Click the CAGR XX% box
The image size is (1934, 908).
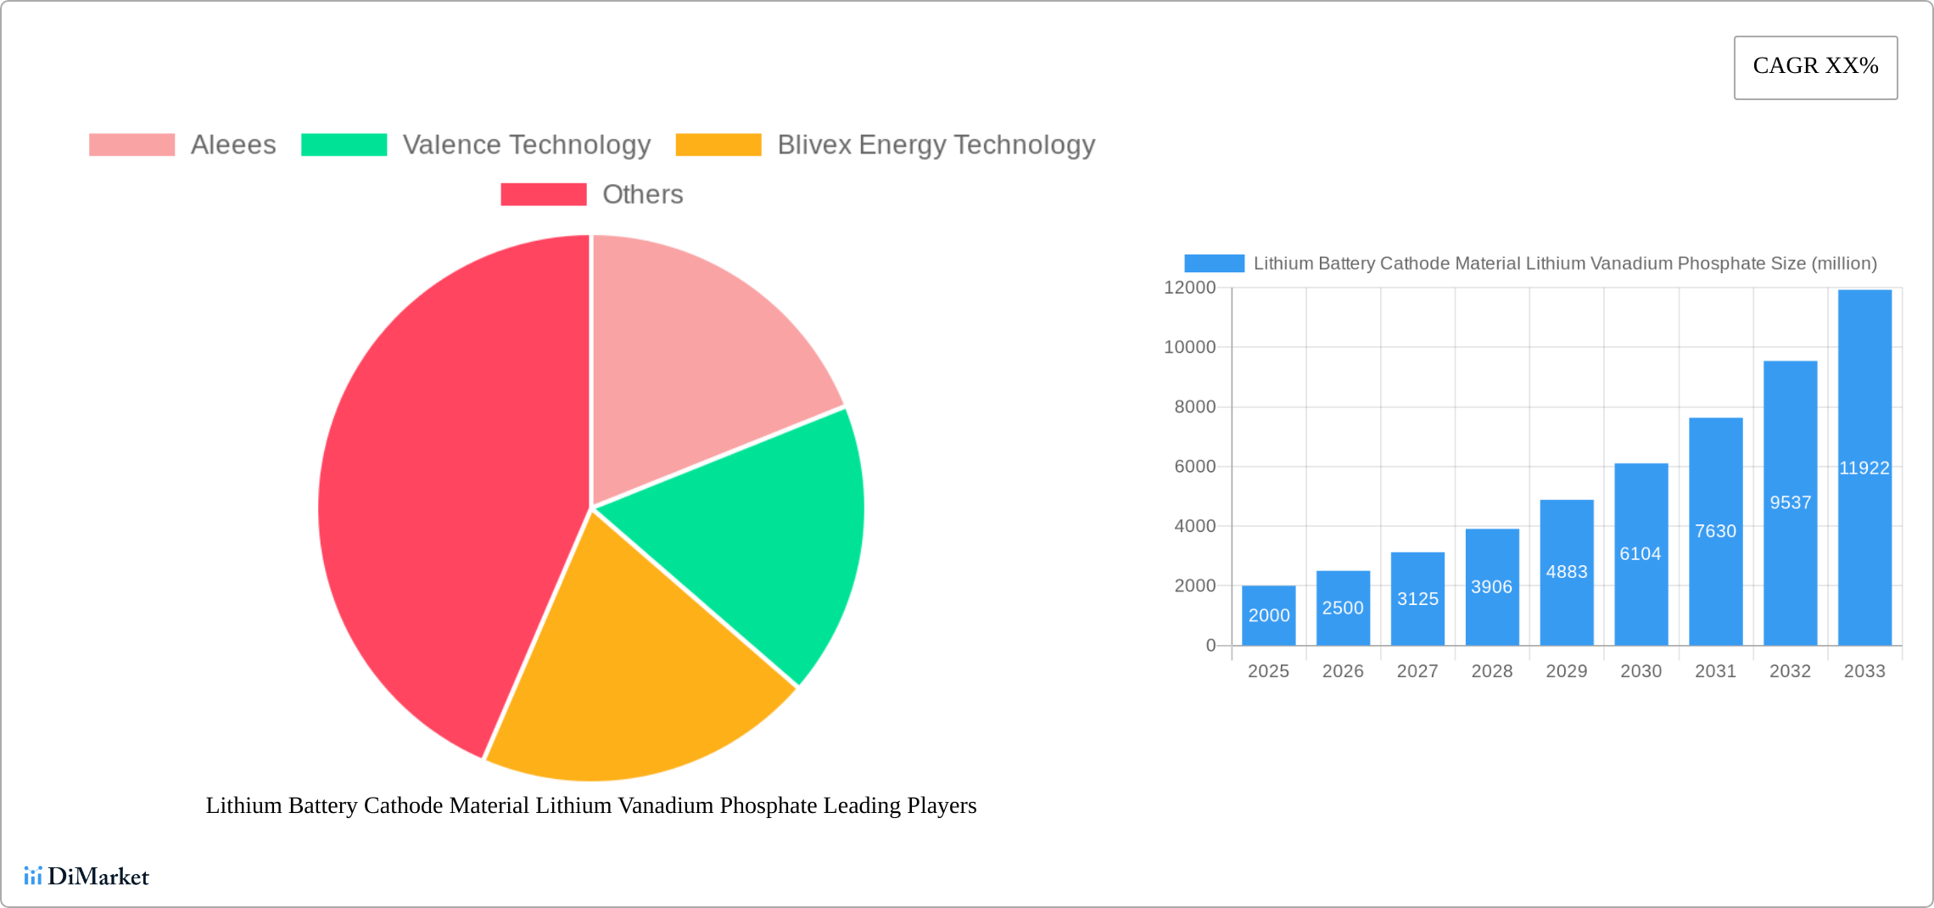click(1815, 67)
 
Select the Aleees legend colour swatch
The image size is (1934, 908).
click(131, 145)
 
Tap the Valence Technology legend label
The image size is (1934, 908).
click(526, 145)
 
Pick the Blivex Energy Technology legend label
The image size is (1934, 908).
click(936, 145)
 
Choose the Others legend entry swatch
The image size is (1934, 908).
click(543, 194)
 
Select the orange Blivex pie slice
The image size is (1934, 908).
click(628, 679)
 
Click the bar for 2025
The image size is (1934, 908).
click(1268, 615)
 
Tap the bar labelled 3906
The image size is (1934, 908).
click(1492, 586)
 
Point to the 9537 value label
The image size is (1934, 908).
click(1790, 502)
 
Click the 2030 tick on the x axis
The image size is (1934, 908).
click(1641, 671)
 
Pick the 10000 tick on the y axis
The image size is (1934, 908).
click(1189, 347)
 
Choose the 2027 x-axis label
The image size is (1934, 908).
click(1417, 671)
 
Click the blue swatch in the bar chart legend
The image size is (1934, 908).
click(1214, 264)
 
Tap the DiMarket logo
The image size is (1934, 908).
click(87, 876)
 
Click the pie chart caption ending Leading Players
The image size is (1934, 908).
click(591, 805)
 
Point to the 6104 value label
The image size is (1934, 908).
click(1641, 553)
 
